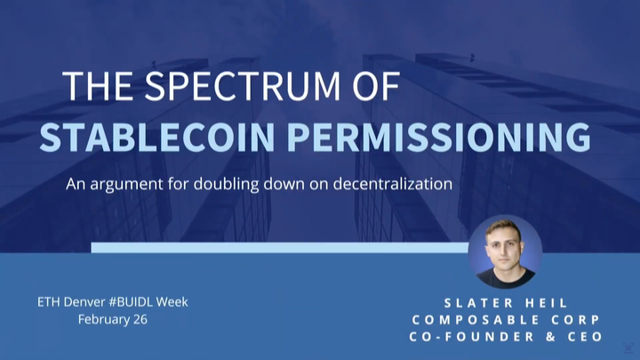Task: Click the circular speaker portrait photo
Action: click(505, 252)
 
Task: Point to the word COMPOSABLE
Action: click(479, 319)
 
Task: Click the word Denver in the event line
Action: click(82, 301)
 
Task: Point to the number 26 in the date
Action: click(140, 319)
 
